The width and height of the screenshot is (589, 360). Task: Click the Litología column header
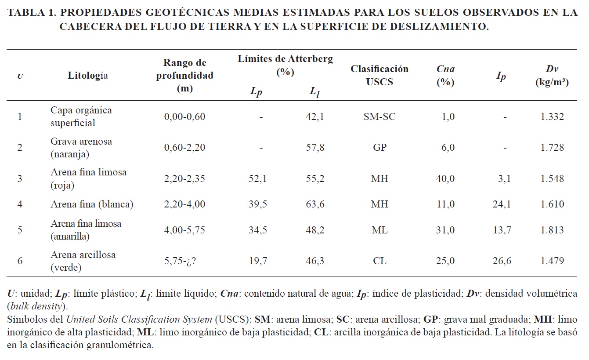click(x=88, y=75)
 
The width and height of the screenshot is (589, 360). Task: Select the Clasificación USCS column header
click(x=379, y=75)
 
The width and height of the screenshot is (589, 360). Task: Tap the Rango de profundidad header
click(x=185, y=75)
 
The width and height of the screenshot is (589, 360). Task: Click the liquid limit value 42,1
click(x=315, y=116)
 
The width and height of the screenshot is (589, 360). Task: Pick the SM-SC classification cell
click(x=379, y=116)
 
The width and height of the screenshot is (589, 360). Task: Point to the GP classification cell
click(x=379, y=148)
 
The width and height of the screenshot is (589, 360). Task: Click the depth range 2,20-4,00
click(x=184, y=204)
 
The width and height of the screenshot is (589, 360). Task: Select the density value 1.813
click(x=552, y=230)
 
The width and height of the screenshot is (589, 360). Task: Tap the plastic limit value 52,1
click(x=258, y=179)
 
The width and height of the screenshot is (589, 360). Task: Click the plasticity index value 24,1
click(x=502, y=204)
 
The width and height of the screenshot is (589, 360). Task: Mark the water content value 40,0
click(x=445, y=179)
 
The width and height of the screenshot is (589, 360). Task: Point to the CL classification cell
click(x=379, y=261)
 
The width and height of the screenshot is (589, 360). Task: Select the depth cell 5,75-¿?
click(x=180, y=261)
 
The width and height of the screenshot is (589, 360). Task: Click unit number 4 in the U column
click(x=20, y=204)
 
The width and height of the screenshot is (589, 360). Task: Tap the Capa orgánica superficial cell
click(x=81, y=116)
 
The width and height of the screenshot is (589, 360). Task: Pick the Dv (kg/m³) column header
click(x=552, y=75)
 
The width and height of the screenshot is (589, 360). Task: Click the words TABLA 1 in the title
click(x=31, y=13)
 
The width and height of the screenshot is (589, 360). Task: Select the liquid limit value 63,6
click(x=315, y=204)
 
